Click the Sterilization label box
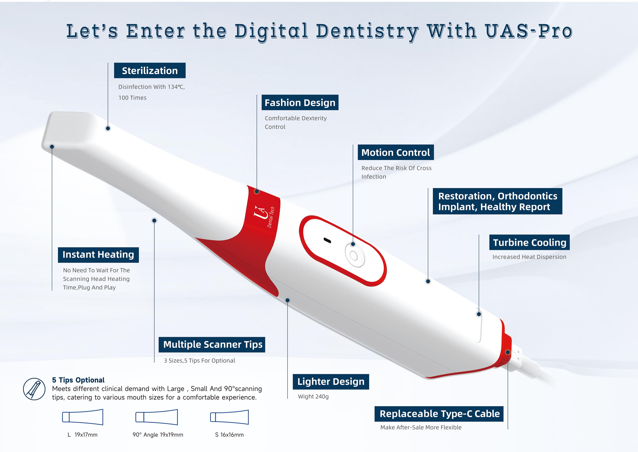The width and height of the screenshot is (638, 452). [150, 70]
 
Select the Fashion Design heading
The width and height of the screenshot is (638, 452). [300, 102]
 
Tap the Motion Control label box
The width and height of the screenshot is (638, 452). [396, 152]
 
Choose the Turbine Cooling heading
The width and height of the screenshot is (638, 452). [529, 242]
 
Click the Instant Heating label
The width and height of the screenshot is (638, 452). [98, 255]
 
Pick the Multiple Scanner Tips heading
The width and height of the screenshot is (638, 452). [212, 345]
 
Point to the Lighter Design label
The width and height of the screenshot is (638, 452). [331, 382]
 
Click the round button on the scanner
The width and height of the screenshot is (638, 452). [355, 255]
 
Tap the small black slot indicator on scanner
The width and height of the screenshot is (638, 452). [327, 240]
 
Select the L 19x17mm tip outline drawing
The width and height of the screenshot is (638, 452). [83, 417]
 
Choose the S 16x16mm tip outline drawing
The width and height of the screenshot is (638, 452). [229, 417]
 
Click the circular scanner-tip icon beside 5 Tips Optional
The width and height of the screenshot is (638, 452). [34, 389]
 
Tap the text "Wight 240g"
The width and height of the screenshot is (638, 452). [313, 397]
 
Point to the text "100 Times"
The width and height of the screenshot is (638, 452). [132, 98]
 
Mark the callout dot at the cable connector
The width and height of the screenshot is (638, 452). [507, 352]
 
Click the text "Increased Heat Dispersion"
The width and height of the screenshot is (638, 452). [529, 257]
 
